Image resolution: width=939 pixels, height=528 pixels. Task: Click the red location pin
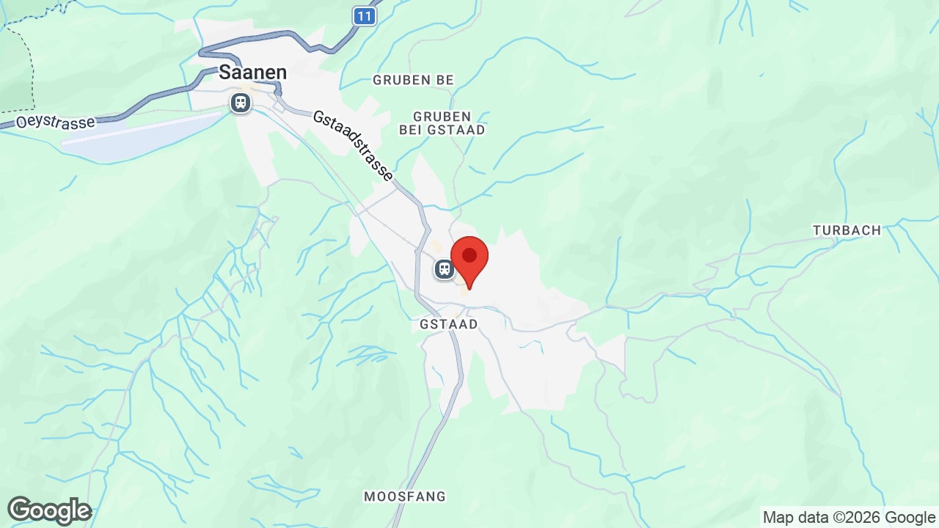pyautogui.click(x=469, y=261)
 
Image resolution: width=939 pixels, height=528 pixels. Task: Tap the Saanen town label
pyautogui.click(x=252, y=73)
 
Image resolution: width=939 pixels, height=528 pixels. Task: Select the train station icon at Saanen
pyautogui.click(x=241, y=103)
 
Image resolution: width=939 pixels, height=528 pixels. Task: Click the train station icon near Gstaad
pyautogui.click(x=444, y=269)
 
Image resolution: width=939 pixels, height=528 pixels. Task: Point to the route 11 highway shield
pyautogui.click(x=365, y=15)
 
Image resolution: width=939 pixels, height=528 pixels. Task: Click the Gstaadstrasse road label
pyautogui.click(x=353, y=147)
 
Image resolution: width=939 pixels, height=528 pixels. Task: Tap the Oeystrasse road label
pyautogui.click(x=56, y=122)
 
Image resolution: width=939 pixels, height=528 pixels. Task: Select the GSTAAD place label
pyautogui.click(x=449, y=324)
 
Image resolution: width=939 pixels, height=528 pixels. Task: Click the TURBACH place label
pyautogui.click(x=847, y=230)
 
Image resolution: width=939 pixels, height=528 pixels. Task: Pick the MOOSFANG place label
pyautogui.click(x=405, y=496)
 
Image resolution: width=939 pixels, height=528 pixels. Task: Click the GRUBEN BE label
pyautogui.click(x=413, y=80)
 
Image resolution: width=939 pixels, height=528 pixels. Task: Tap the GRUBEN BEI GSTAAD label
pyautogui.click(x=442, y=123)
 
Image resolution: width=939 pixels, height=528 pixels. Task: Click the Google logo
pyautogui.click(x=49, y=510)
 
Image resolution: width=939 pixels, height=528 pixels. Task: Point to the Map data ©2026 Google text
pyautogui.click(x=849, y=517)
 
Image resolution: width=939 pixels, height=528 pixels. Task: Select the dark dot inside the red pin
pyautogui.click(x=469, y=255)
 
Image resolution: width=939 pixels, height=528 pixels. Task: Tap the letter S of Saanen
pyautogui.click(x=225, y=73)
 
